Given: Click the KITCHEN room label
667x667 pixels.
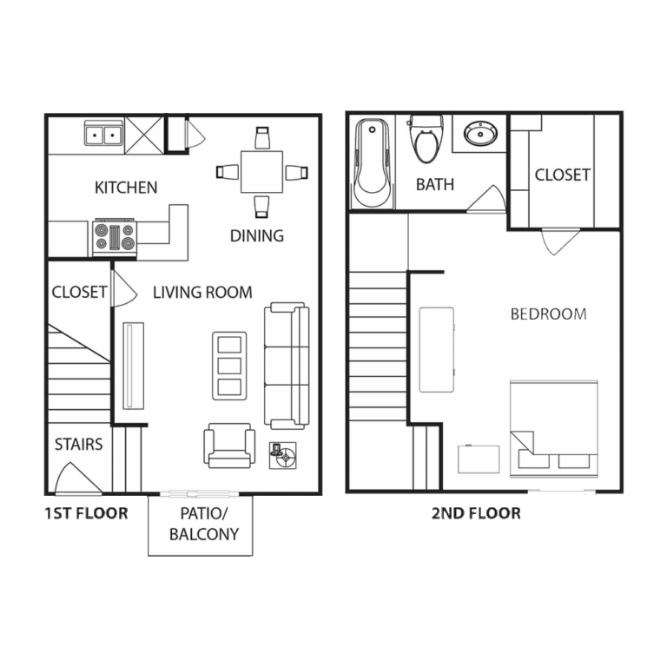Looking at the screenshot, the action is coord(126,188).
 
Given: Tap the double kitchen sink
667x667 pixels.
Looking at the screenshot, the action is coord(103,133).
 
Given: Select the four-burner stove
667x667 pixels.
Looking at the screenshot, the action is coord(115,237).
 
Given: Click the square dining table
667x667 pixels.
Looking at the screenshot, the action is coord(261,172).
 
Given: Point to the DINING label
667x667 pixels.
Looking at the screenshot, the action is coord(257,235).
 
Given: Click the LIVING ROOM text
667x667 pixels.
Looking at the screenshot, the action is coord(202,293).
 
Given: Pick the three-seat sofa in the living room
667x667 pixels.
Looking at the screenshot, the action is coord(287,366).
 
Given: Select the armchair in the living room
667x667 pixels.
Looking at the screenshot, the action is coord(229,446).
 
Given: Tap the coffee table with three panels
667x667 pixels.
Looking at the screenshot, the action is coord(229,366).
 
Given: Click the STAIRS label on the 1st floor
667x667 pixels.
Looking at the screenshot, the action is coord(79,445).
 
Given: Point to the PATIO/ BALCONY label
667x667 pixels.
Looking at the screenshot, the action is coord(204,524).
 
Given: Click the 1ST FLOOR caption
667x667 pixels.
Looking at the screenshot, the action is coord(86,513).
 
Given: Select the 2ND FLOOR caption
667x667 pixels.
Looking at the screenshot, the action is coord(476,513).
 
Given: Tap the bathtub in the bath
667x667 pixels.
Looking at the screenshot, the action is coord(373,163).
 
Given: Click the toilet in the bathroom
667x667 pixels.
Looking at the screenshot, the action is coord(426,139).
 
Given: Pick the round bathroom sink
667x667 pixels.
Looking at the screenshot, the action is coord(480,134).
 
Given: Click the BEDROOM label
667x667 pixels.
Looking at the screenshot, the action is coord(548,314).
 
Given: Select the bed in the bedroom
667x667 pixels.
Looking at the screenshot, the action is coord(554,429).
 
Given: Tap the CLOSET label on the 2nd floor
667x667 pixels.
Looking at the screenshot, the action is coord(563,175).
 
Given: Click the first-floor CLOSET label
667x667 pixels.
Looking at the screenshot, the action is coord(79,292).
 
